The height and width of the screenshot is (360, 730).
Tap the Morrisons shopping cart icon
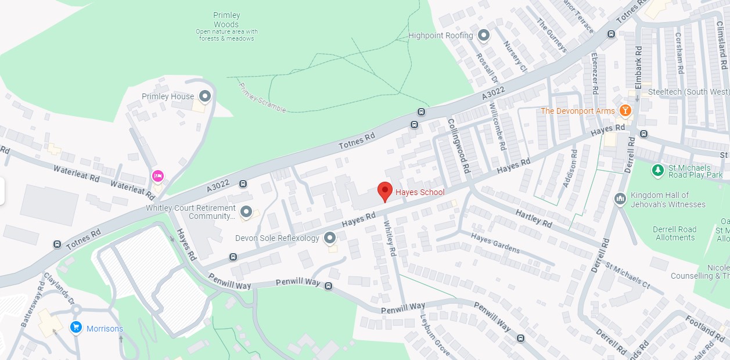point(75,328)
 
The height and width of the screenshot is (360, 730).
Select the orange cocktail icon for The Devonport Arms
point(625,110)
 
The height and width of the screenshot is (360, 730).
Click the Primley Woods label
point(226,20)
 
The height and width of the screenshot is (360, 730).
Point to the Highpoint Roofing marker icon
point(483,35)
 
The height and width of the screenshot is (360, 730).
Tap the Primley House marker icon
point(204,96)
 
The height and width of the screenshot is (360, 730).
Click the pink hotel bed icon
point(157,175)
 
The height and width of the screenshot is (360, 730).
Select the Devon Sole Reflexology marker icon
point(330,237)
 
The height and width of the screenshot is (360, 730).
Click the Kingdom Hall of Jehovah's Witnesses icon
point(620,199)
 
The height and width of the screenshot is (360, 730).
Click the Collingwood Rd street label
point(458,146)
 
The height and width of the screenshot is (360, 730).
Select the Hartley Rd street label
point(534,218)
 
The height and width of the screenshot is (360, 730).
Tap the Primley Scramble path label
point(262,98)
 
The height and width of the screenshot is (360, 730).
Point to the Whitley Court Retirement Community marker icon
point(246,212)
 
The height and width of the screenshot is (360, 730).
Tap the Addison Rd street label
point(570,168)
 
